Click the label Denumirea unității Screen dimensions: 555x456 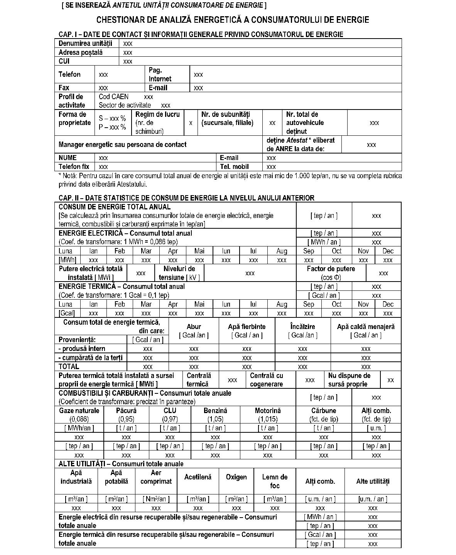click(x=85, y=44)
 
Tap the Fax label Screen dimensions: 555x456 click(x=64, y=88)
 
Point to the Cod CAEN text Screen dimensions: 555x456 click(x=114, y=97)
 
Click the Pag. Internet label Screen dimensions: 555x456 click(x=160, y=74)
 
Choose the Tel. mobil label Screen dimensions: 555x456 click(x=234, y=167)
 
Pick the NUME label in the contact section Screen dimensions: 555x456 click(x=68, y=158)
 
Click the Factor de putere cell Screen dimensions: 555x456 click(x=331, y=273)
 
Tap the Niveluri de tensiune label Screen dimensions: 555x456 click(x=179, y=273)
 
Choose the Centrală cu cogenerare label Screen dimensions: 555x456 click(x=267, y=380)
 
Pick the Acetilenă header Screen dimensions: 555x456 click(x=198, y=477)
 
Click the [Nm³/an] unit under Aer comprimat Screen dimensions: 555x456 click(x=156, y=499)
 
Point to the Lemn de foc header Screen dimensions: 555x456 click(x=275, y=481)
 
